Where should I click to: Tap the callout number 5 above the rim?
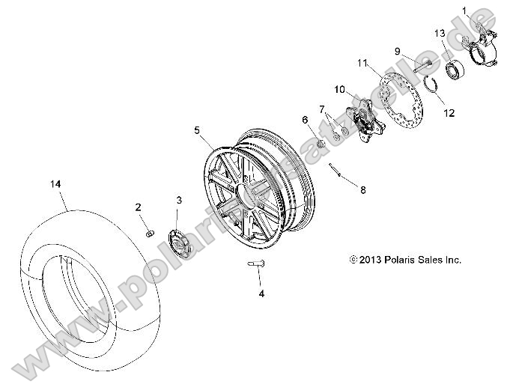[197, 130]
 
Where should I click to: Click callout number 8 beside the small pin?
[363, 190]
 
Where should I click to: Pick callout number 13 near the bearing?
[440, 33]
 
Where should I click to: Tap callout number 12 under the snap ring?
[449, 113]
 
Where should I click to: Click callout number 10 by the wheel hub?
[339, 90]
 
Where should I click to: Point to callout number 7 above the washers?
[322, 110]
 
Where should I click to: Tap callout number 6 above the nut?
[305, 119]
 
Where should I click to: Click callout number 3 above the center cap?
[179, 200]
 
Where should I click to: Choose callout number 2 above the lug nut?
[139, 207]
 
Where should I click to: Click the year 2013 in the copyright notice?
[371, 260]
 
